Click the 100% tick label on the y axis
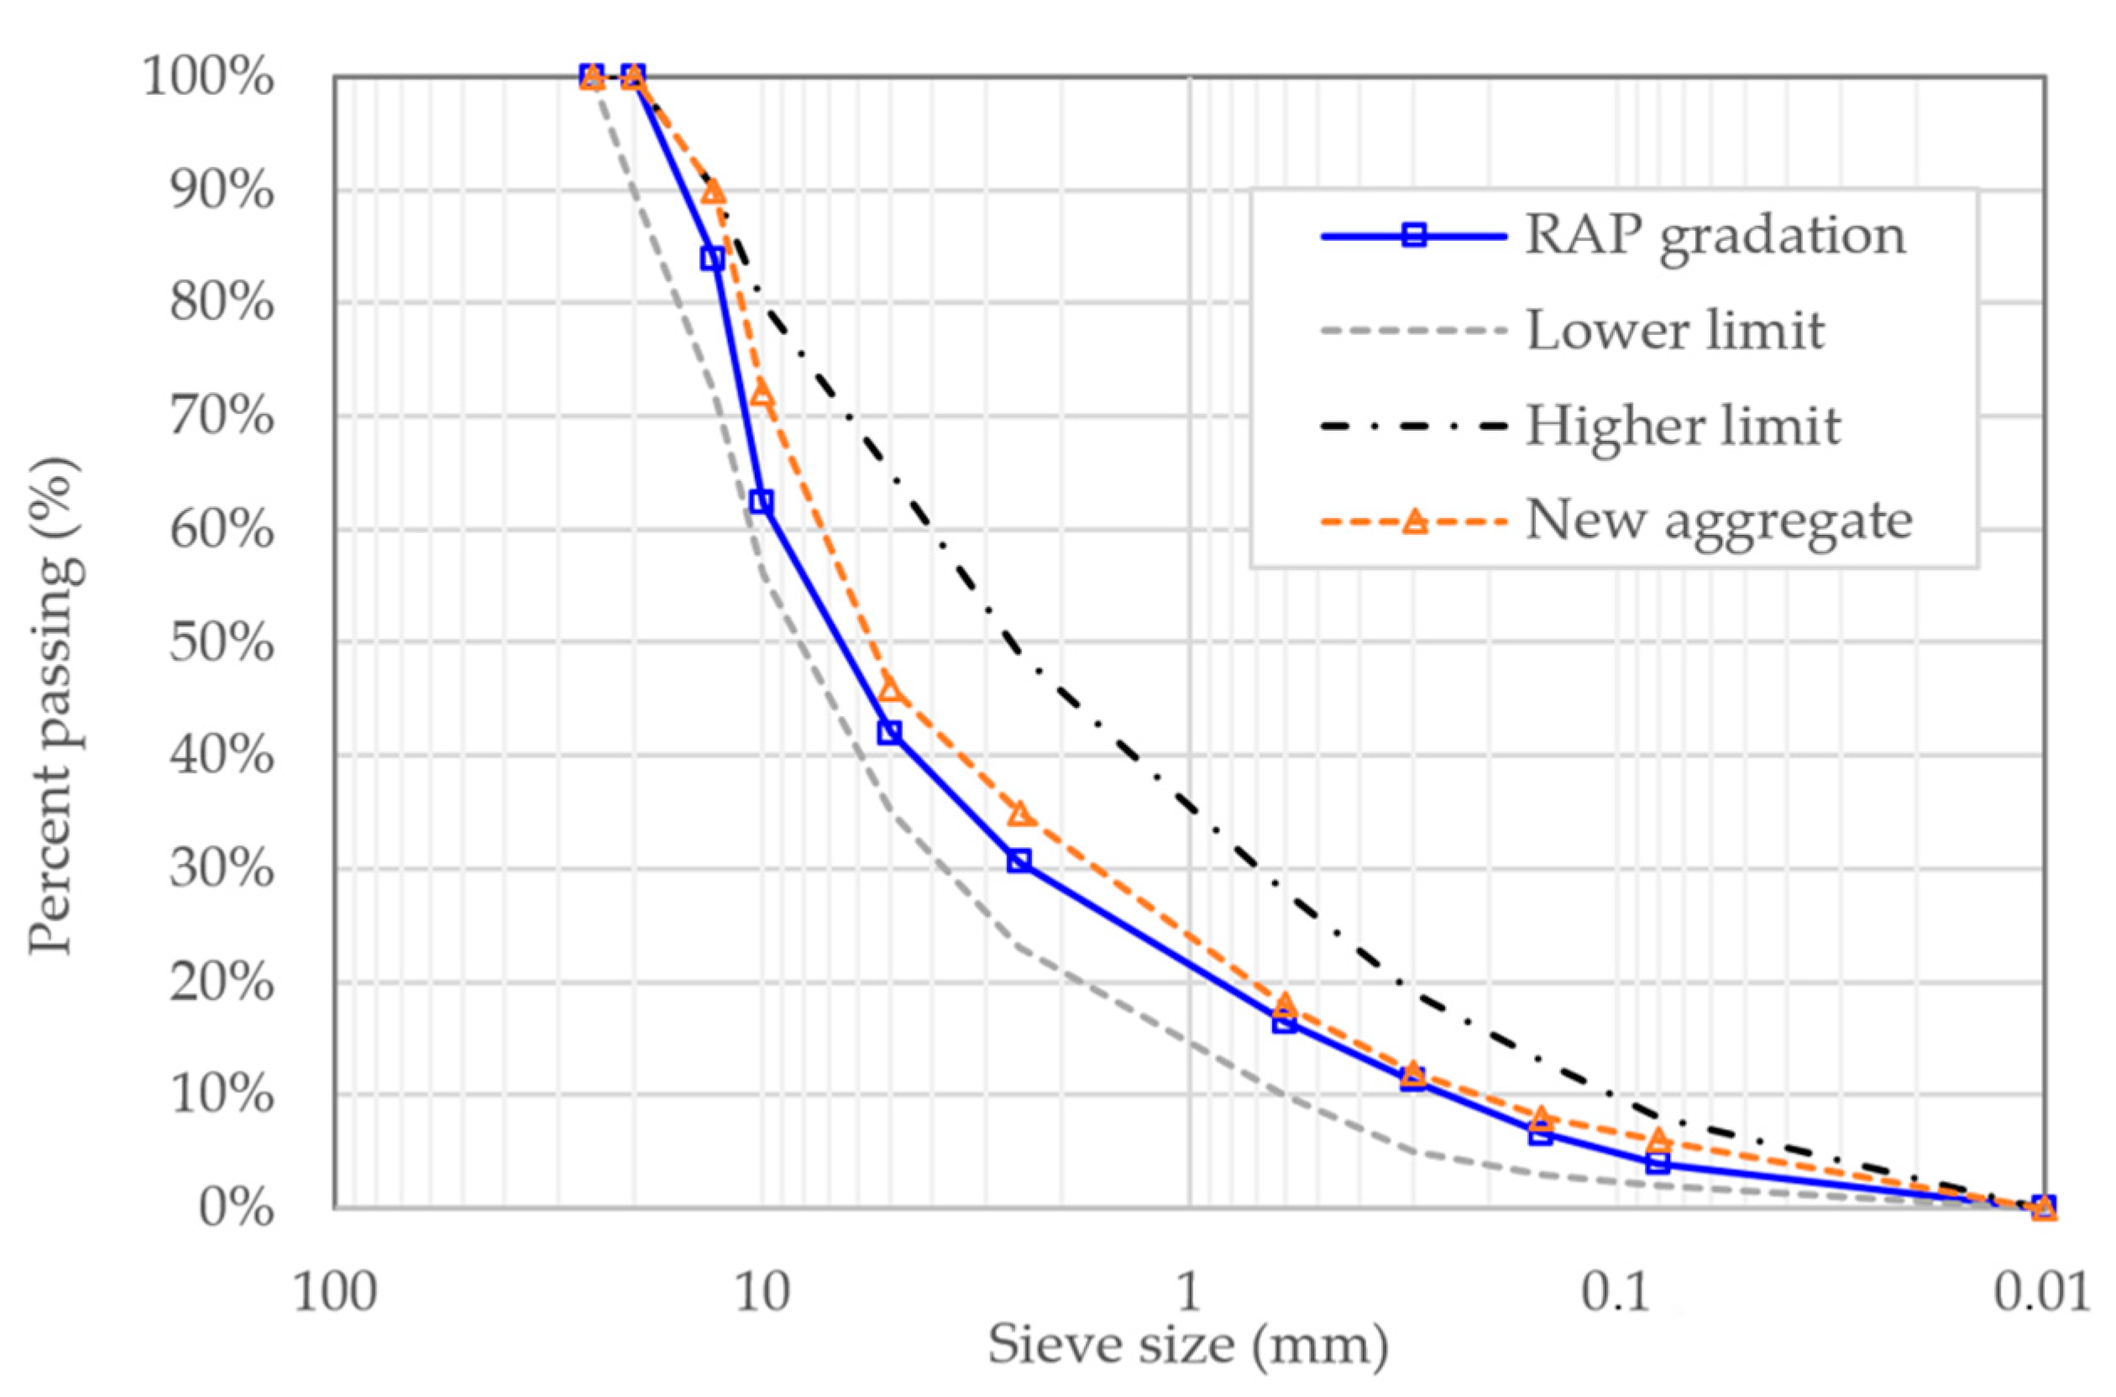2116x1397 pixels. tap(207, 77)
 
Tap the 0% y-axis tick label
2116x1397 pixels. tap(235, 1208)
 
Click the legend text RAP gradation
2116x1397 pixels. tap(1715, 236)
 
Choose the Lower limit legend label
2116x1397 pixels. tap(1675, 331)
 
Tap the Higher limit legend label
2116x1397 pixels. tap(1683, 426)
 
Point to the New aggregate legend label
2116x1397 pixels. tap(1719, 521)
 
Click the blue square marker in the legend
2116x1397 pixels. tap(1414, 236)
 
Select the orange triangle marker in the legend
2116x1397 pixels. tap(1414, 521)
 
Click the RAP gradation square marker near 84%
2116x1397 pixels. tap(712, 259)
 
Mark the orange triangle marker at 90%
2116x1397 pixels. tap(712, 191)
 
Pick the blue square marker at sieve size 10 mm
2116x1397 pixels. tap(761, 501)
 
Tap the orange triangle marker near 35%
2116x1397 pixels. tap(1020, 814)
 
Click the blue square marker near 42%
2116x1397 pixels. tap(889, 732)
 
